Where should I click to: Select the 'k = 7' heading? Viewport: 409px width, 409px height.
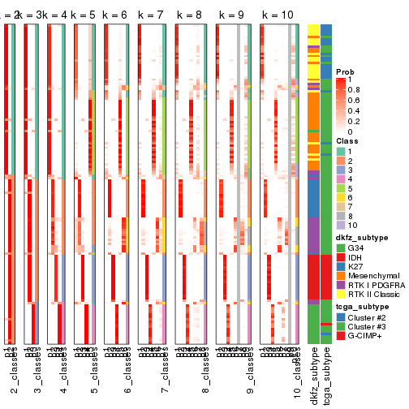tap(152, 15)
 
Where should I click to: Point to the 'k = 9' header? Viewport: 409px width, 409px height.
tap(235, 15)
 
